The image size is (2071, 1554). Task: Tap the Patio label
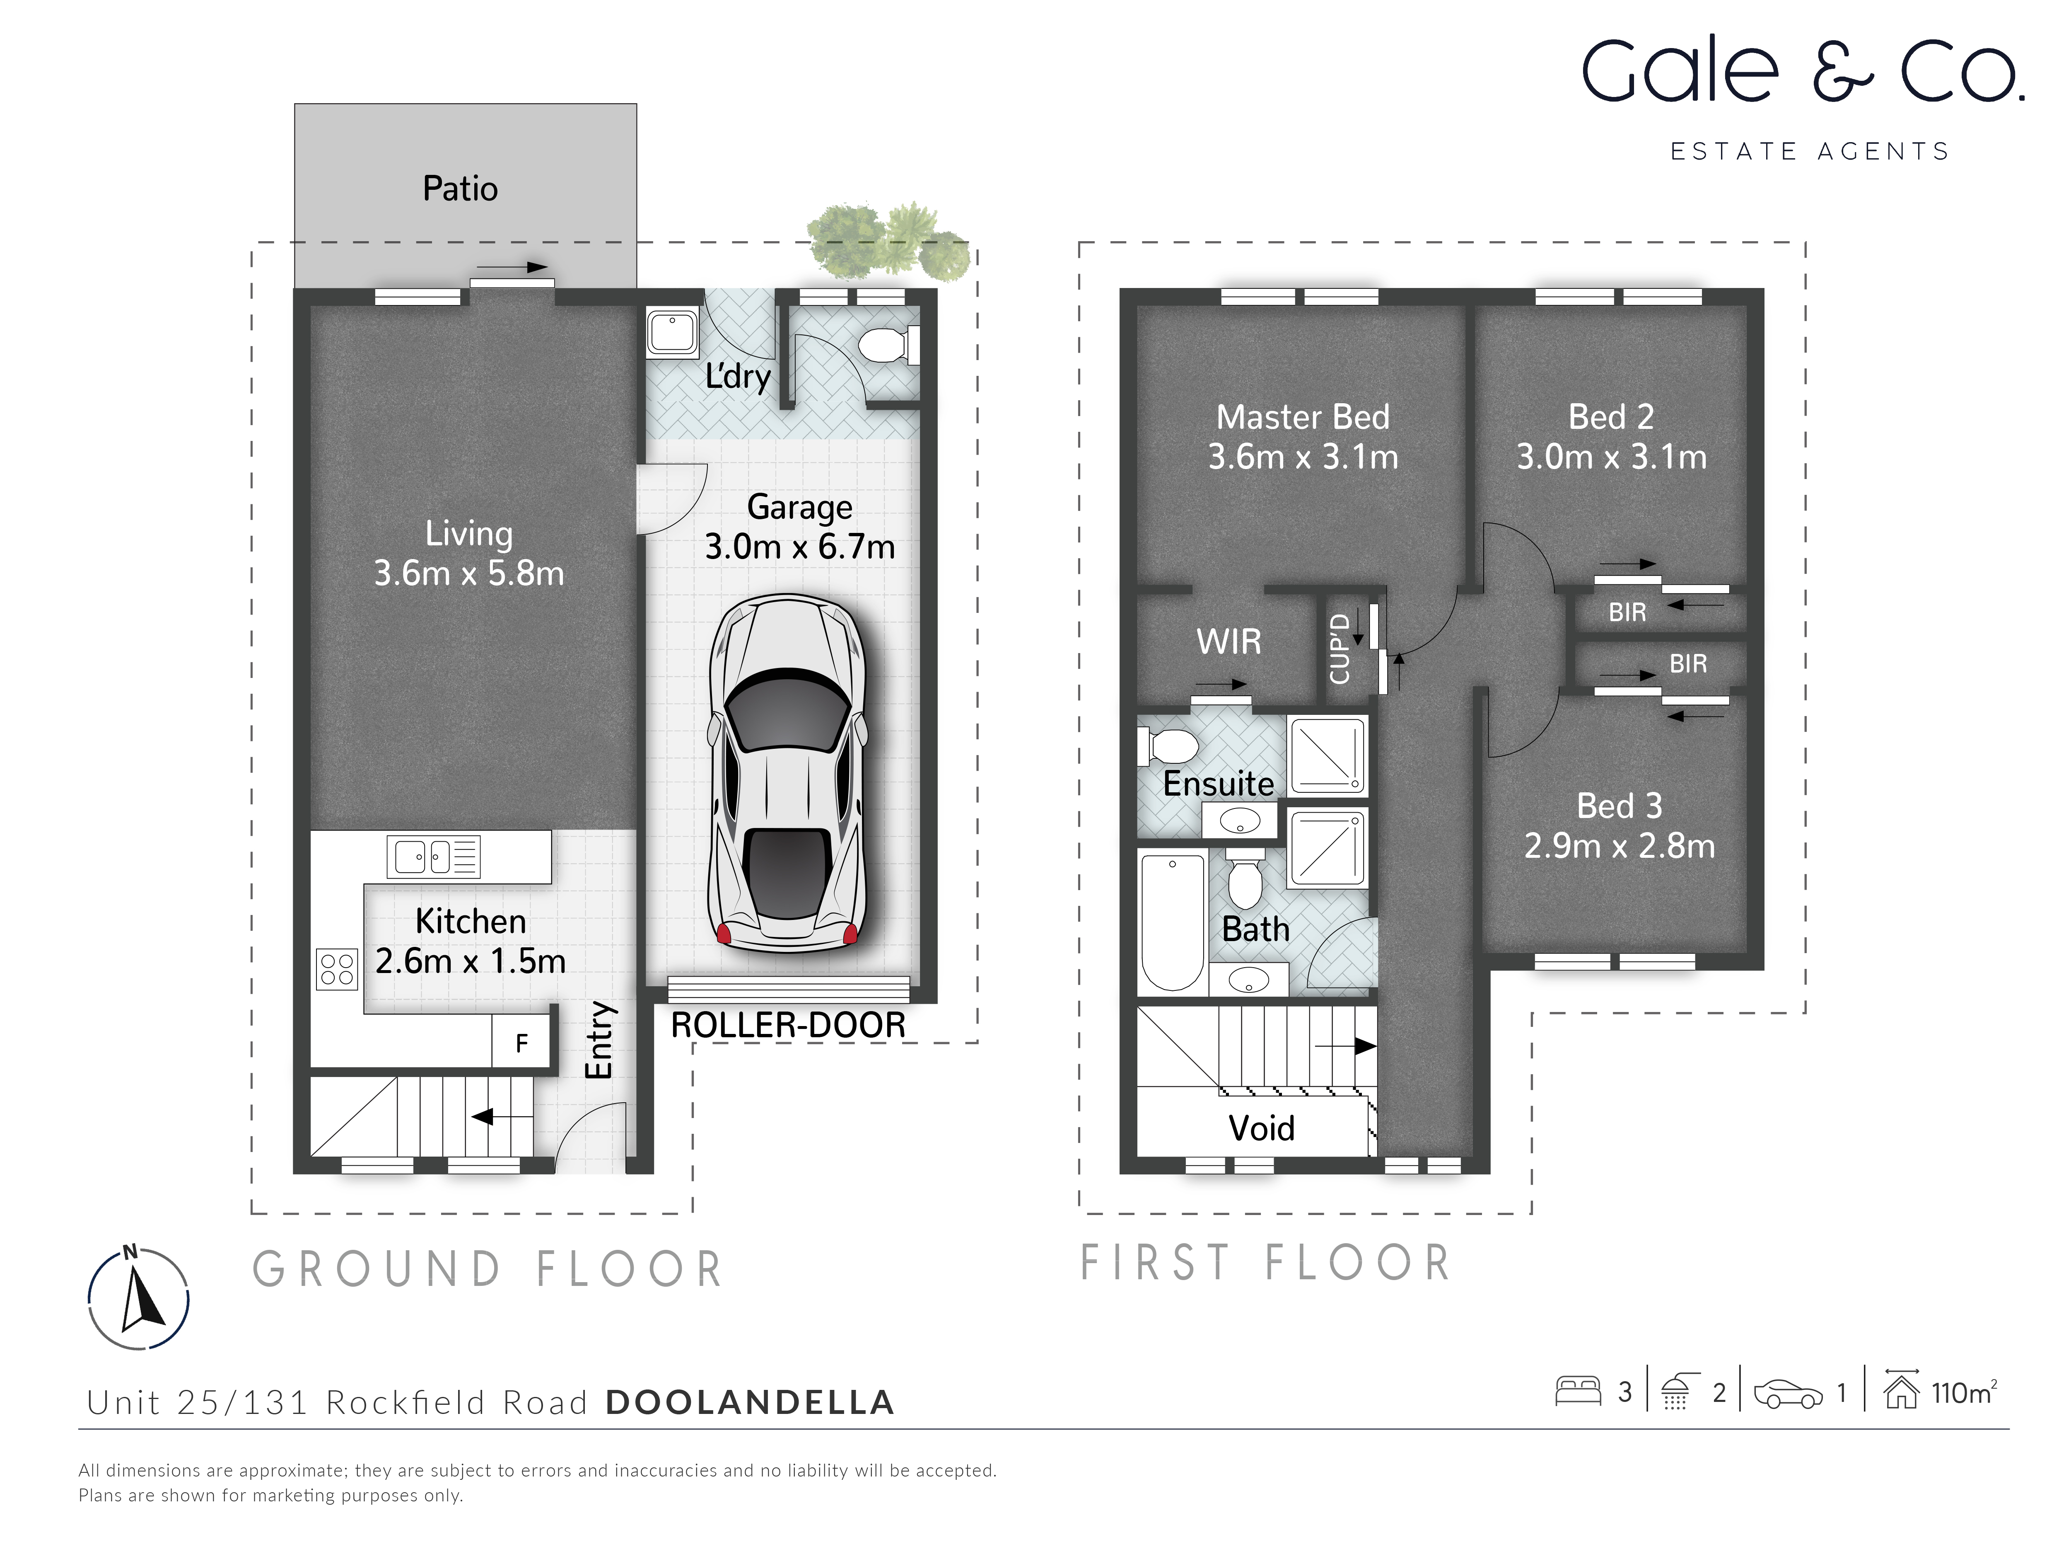(460, 188)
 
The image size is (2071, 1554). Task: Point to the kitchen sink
(434, 856)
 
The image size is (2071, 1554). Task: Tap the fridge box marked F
(521, 1043)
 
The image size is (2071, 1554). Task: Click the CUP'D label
(1340, 648)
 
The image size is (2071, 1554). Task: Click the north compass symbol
(139, 1299)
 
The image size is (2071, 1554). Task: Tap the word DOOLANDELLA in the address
(750, 1402)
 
